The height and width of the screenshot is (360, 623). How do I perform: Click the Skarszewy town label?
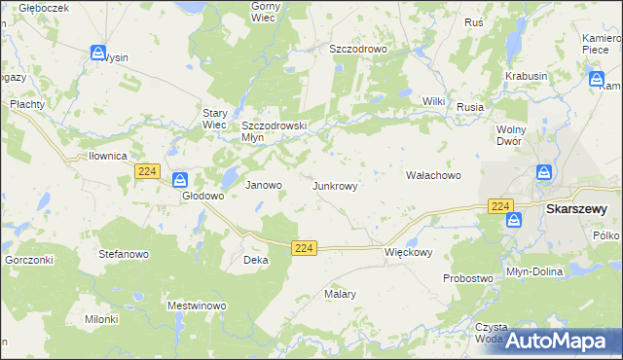[x=577, y=208]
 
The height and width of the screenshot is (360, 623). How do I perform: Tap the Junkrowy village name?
[x=341, y=185]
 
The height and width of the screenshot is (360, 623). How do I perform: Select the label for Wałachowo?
[x=432, y=175]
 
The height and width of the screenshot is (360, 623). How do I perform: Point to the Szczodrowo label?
[x=358, y=48]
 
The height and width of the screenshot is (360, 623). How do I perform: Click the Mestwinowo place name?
[x=197, y=306]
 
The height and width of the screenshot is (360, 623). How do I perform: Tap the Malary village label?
[x=341, y=293]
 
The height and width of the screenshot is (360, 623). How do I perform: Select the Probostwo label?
[x=467, y=278]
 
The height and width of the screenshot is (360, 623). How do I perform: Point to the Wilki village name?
[x=433, y=101]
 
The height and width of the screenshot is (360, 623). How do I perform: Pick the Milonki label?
[x=101, y=318]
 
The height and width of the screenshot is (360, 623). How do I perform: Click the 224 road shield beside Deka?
[x=304, y=249]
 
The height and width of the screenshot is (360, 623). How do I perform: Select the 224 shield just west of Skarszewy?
[x=500, y=206]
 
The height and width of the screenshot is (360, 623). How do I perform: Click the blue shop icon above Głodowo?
[x=180, y=180]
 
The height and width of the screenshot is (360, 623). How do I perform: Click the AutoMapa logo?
[x=556, y=342]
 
